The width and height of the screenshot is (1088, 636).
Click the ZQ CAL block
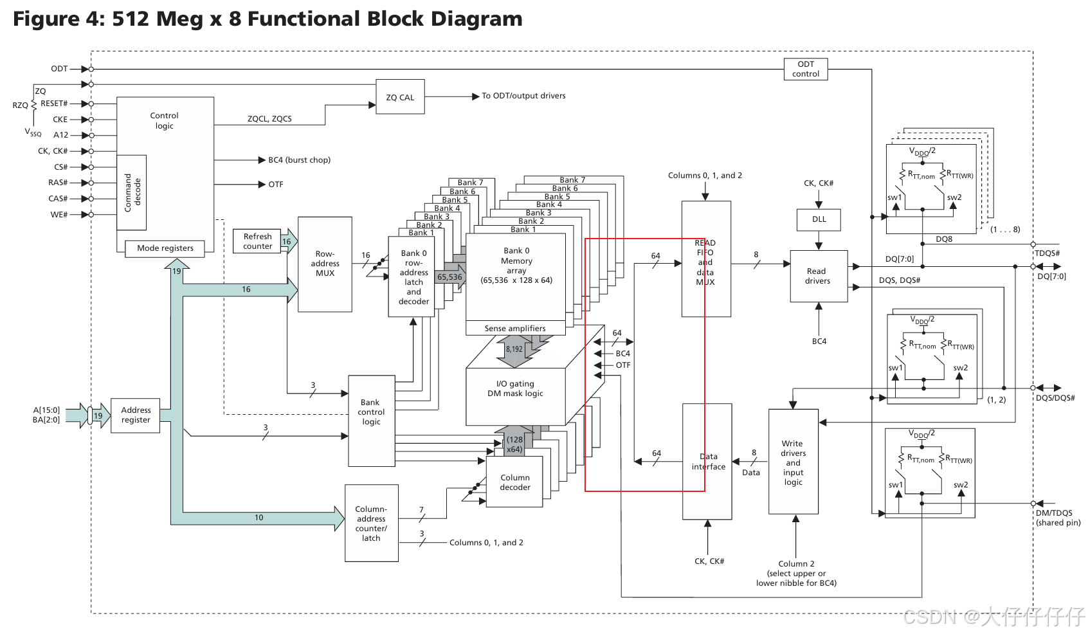[400, 97]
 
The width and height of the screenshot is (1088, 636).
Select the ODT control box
[806, 69]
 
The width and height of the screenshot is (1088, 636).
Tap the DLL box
[819, 219]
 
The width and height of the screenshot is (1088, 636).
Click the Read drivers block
[818, 276]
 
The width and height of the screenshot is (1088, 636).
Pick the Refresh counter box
[257, 241]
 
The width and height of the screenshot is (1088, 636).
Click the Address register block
[136, 415]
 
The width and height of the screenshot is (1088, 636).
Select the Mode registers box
[165, 248]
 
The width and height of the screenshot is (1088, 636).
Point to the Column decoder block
[515, 482]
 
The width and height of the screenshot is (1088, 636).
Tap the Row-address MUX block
[325, 264]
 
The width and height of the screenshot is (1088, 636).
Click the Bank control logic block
[371, 412]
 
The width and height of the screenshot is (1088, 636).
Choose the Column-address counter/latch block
[371, 523]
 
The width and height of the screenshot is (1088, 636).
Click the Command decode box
[132, 192]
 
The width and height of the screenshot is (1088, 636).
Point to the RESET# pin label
[54, 104]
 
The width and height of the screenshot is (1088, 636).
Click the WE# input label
[59, 215]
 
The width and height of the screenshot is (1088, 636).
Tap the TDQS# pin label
[1047, 253]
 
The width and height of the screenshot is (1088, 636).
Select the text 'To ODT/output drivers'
[523, 96]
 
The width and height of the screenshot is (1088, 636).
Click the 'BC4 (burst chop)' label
[299, 160]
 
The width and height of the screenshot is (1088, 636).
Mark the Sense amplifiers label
[515, 329]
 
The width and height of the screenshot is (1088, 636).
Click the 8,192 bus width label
[514, 349]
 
